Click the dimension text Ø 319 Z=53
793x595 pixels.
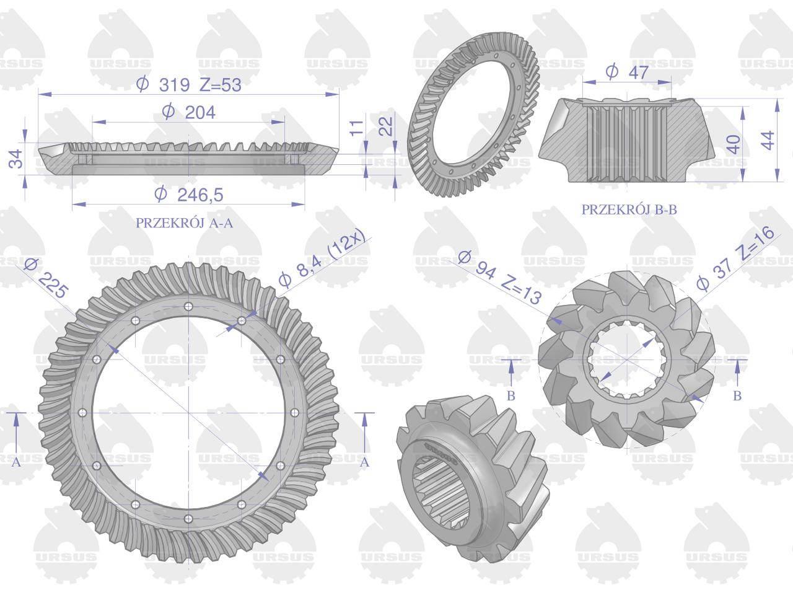[x=188, y=85]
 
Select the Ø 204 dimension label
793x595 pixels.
[x=188, y=112]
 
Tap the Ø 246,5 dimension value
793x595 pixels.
[x=189, y=195]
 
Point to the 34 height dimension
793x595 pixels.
[x=16, y=159]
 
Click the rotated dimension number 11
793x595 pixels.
[x=357, y=128]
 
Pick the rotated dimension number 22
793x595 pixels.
[x=386, y=126]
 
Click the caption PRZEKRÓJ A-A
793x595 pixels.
[x=184, y=223]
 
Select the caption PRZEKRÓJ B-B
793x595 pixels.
[x=629, y=209]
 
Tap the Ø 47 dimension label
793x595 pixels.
[x=627, y=73]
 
